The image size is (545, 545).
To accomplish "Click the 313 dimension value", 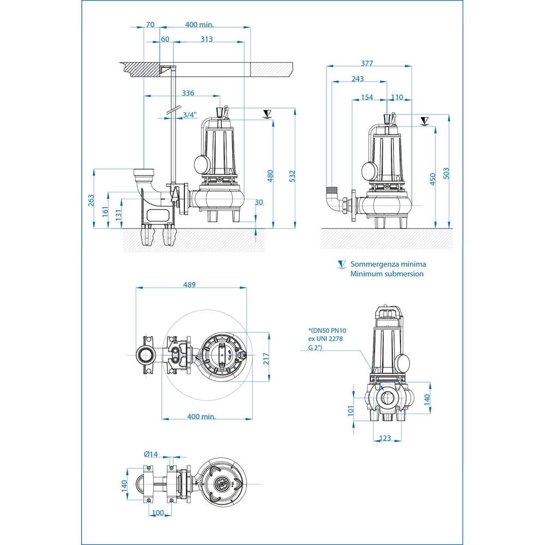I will [207, 39].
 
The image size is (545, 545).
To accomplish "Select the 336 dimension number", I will [188, 93].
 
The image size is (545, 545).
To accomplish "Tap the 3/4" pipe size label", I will [190, 114].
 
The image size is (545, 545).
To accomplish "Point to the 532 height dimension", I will [292, 176].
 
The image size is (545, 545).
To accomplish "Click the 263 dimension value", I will [91, 200].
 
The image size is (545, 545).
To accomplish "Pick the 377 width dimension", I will [367, 63].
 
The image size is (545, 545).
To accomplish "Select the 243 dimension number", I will [358, 79].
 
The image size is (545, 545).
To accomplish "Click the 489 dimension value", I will [189, 284].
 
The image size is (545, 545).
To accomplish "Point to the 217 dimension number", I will [266, 359].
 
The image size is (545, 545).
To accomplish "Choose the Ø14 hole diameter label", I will [150, 455].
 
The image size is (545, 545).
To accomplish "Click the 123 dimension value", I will [385, 438].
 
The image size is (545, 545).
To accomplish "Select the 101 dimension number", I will [350, 409].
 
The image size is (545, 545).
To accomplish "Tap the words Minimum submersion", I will [387, 274].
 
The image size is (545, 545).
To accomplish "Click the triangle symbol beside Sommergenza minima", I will [342, 264].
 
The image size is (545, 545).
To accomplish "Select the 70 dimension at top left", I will [150, 25].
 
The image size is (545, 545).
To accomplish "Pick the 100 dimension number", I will [158, 513].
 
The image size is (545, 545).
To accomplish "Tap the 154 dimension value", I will [367, 97].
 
